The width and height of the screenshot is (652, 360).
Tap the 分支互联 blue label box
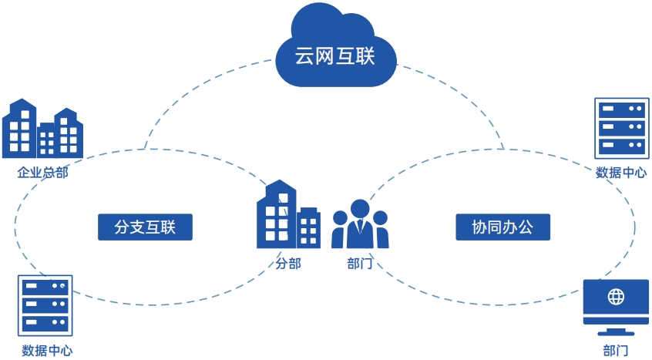pos(145,227)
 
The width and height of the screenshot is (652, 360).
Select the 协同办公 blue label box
pos(502,227)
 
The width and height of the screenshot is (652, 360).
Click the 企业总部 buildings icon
pos(42,130)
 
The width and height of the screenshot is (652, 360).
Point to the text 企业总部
pos(43,173)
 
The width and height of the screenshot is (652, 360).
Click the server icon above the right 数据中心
pos(621,127)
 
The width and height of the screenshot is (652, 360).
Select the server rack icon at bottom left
pos(45,305)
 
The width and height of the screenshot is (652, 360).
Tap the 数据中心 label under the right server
pos(621,173)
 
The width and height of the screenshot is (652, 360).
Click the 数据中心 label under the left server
pos(47,351)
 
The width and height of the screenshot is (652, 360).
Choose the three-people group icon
pos(360,225)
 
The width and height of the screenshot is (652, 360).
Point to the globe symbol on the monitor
pos(616,296)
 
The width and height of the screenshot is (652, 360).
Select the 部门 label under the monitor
pos(616,351)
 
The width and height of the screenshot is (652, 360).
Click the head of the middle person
pos(360,208)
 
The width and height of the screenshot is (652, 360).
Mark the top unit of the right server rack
pos(621,109)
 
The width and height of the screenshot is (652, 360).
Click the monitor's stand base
pos(616,333)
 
